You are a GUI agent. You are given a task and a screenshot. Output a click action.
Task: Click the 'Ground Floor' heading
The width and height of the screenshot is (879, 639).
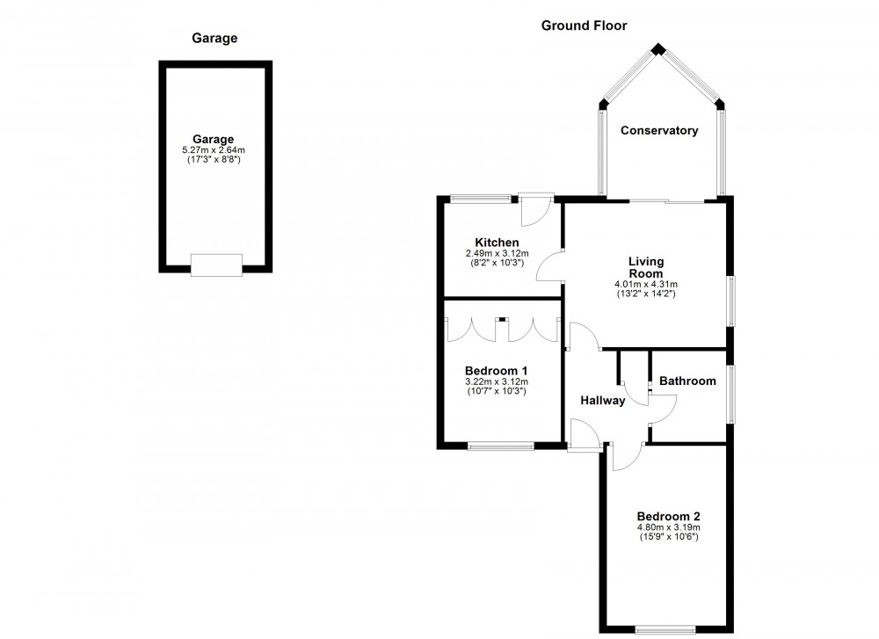tap(584, 25)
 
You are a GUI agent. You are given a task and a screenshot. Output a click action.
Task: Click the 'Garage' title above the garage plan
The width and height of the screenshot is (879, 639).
tap(214, 38)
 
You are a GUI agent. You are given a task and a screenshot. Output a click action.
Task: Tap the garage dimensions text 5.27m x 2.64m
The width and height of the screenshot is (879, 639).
tap(214, 150)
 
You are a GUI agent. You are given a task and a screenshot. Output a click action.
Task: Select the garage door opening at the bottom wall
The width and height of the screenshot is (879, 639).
tap(216, 265)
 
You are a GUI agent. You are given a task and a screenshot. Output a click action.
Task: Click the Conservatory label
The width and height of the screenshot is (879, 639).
tap(659, 131)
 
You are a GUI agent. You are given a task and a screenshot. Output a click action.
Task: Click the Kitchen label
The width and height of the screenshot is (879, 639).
tap(497, 243)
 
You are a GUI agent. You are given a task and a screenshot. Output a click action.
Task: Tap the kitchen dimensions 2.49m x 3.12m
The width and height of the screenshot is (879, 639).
tap(497, 253)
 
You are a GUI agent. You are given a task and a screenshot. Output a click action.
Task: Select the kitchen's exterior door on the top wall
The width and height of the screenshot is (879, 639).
tap(534, 207)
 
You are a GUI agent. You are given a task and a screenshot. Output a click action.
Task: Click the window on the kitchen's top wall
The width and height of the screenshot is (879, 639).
tap(480, 199)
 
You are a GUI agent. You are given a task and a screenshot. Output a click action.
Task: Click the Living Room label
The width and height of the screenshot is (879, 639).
tap(646, 267)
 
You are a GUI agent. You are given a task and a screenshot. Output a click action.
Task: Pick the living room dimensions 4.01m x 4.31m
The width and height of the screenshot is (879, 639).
tap(646, 285)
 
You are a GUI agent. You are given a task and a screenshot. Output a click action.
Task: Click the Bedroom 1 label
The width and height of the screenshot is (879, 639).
tap(497, 370)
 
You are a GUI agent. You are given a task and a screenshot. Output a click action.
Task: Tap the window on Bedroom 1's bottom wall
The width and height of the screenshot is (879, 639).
tap(501, 447)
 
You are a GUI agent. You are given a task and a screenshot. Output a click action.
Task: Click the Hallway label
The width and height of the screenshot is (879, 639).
tap(603, 401)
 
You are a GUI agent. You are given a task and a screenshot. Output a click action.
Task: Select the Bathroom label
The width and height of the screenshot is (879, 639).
tap(687, 381)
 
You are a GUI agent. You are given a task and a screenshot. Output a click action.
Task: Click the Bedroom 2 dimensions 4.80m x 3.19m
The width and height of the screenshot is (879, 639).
tap(669, 527)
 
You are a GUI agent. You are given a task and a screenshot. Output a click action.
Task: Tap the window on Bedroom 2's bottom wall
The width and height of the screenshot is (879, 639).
tap(665, 628)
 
